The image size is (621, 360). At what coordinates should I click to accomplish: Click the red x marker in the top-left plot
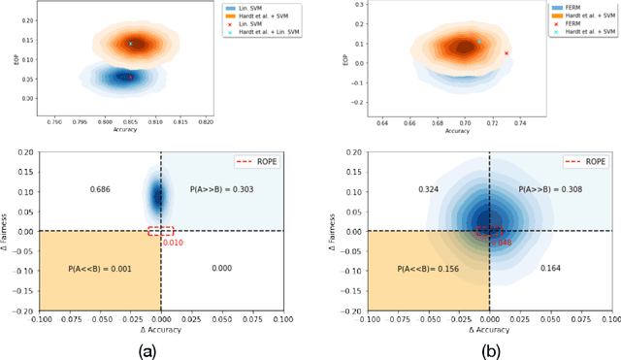coord(132,78)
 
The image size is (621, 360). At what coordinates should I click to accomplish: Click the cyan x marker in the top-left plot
coord(131,44)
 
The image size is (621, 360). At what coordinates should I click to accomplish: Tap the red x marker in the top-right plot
coord(507,53)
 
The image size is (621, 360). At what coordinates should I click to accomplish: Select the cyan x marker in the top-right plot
coord(478,42)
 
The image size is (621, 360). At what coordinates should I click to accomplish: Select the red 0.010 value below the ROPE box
coord(170,242)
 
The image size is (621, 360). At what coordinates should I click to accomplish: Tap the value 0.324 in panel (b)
coord(428,189)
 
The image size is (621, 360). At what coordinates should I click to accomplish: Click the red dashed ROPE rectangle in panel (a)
coord(161,231)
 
